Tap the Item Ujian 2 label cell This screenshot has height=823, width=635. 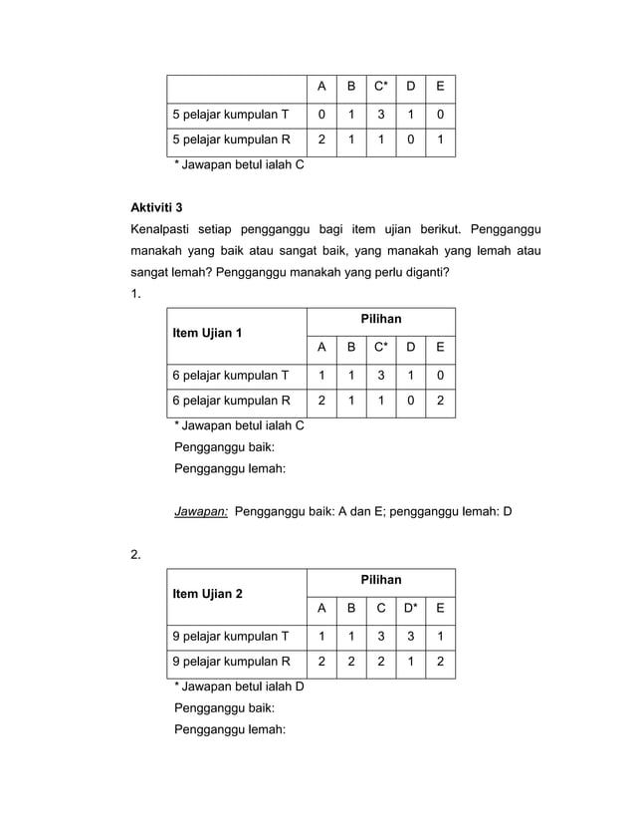(207, 594)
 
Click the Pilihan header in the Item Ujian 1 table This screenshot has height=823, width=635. (380, 320)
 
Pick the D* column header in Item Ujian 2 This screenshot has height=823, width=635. (410, 609)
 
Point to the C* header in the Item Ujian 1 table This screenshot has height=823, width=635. (380, 348)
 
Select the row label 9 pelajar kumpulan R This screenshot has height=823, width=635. (230, 662)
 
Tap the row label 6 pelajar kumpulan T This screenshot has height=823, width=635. (230, 376)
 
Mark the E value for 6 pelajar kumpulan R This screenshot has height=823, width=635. (441, 402)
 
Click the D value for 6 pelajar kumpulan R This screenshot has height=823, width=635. (410, 402)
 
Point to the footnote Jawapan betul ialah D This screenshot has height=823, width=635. (239, 686)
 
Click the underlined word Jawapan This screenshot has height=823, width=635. (201, 513)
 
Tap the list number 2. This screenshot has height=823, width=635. (136, 554)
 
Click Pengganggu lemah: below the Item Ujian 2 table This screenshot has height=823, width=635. (230, 729)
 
